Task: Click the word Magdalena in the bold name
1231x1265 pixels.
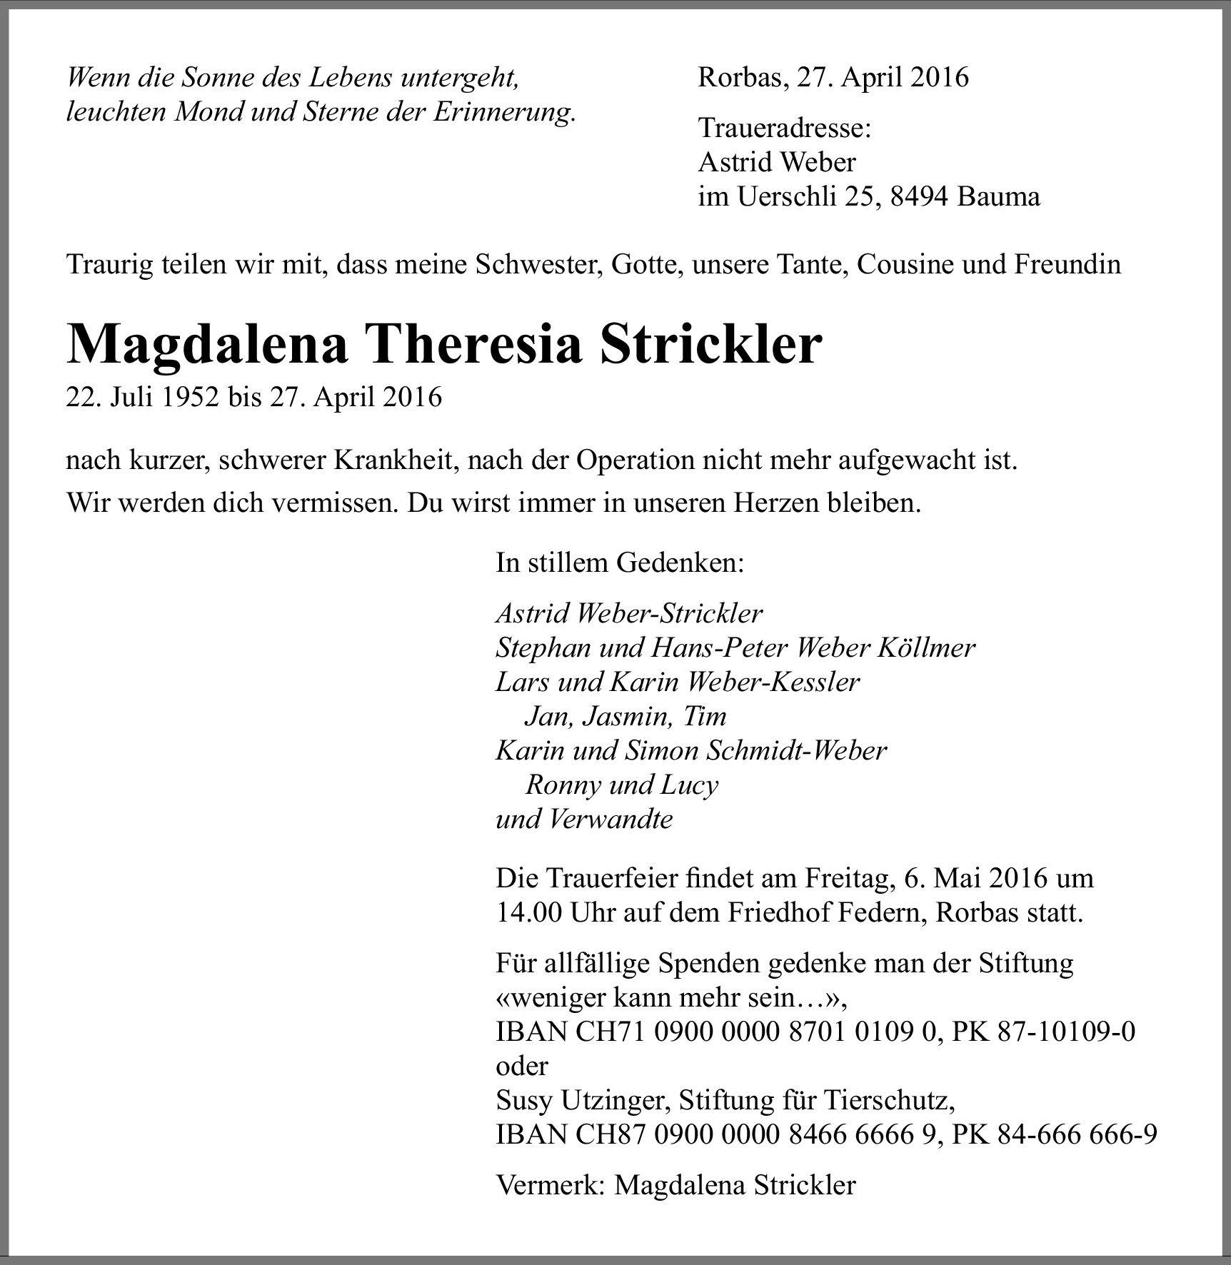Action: point(207,346)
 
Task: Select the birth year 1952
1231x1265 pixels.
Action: point(190,397)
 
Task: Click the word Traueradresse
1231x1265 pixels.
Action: point(784,128)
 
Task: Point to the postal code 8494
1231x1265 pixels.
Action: point(920,196)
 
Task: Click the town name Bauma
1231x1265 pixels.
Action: point(999,196)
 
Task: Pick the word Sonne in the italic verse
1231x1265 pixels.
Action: point(214,78)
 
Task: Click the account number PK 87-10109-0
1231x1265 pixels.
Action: point(1043,1032)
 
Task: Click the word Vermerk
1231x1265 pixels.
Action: point(550,1185)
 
